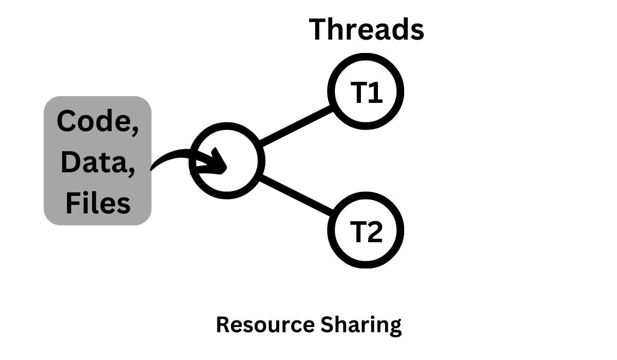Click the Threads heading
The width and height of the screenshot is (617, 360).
[x=366, y=29]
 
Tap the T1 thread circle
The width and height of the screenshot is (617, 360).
[x=366, y=92]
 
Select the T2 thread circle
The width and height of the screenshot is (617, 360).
[x=366, y=230]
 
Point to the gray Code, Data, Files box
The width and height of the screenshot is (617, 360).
[x=98, y=160]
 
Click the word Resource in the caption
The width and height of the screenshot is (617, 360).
[x=265, y=325]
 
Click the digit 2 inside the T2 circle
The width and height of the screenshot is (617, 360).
[x=374, y=231]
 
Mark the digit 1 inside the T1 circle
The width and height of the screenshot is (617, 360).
[x=375, y=93]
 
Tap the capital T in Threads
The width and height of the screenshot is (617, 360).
[x=319, y=29]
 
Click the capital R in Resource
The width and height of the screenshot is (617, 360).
[x=222, y=325]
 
